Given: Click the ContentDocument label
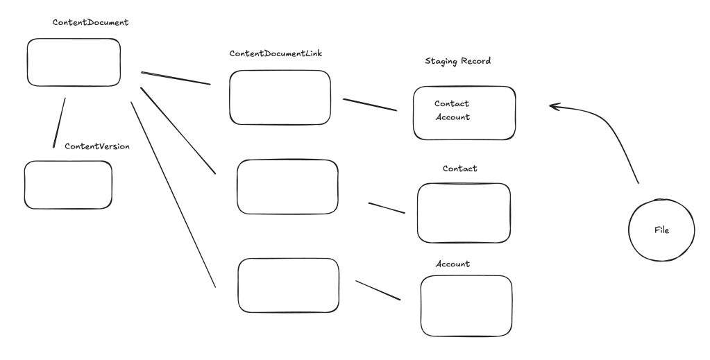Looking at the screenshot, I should pyautogui.click(x=91, y=22).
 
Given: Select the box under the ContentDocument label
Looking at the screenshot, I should pyautogui.click(x=74, y=62).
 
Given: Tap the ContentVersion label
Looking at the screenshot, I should pyautogui.click(x=97, y=146).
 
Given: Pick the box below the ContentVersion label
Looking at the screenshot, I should pyautogui.click(x=68, y=185).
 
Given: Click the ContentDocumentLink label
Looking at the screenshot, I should pyautogui.click(x=276, y=53).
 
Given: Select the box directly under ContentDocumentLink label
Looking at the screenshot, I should pyautogui.click(x=280, y=97).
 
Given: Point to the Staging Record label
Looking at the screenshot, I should pyautogui.click(x=457, y=61).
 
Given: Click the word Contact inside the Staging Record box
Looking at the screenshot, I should pyautogui.click(x=452, y=104).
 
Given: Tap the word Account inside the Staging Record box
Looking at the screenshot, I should pyautogui.click(x=453, y=117).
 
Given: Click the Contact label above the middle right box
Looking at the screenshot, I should pyautogui.click(x=459, y=169).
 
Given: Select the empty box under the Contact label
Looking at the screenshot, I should pyautogui.click(x=464, y=213).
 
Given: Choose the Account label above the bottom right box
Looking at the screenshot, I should pyautogui.click(x=453, y=264).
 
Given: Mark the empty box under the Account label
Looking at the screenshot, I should pyautogui.click(x=466, y=305).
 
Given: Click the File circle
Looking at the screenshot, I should pyautogui.click(x=661, y=230).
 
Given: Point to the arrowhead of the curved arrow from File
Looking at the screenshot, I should pyautogui.click(x=553, y=106).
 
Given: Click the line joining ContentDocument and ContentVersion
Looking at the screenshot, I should pyautogui.click(x=59, y=122).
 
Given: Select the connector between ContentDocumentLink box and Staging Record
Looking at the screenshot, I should pyautogui.click(x=369, y=105).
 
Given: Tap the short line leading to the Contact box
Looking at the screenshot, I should pyautogui.click(x=386, y=208).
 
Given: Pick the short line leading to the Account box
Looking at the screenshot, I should pyautogui.click(x=378, y=289).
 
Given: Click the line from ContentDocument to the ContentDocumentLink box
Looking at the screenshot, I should pyautogui.click(x=176, y=78).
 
